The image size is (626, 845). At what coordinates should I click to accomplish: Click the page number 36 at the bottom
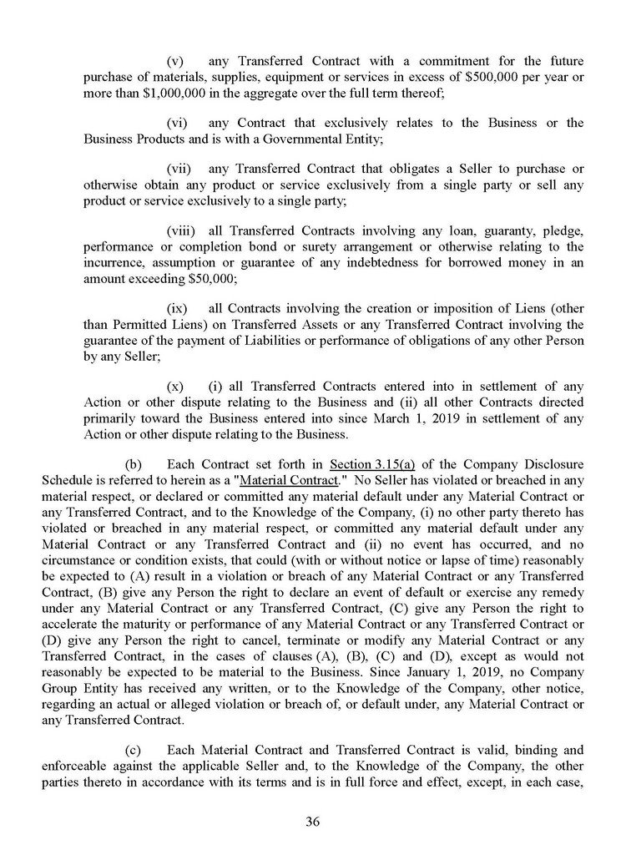click(x=313, y=821)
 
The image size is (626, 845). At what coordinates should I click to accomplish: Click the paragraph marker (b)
click(x=133, y=463)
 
